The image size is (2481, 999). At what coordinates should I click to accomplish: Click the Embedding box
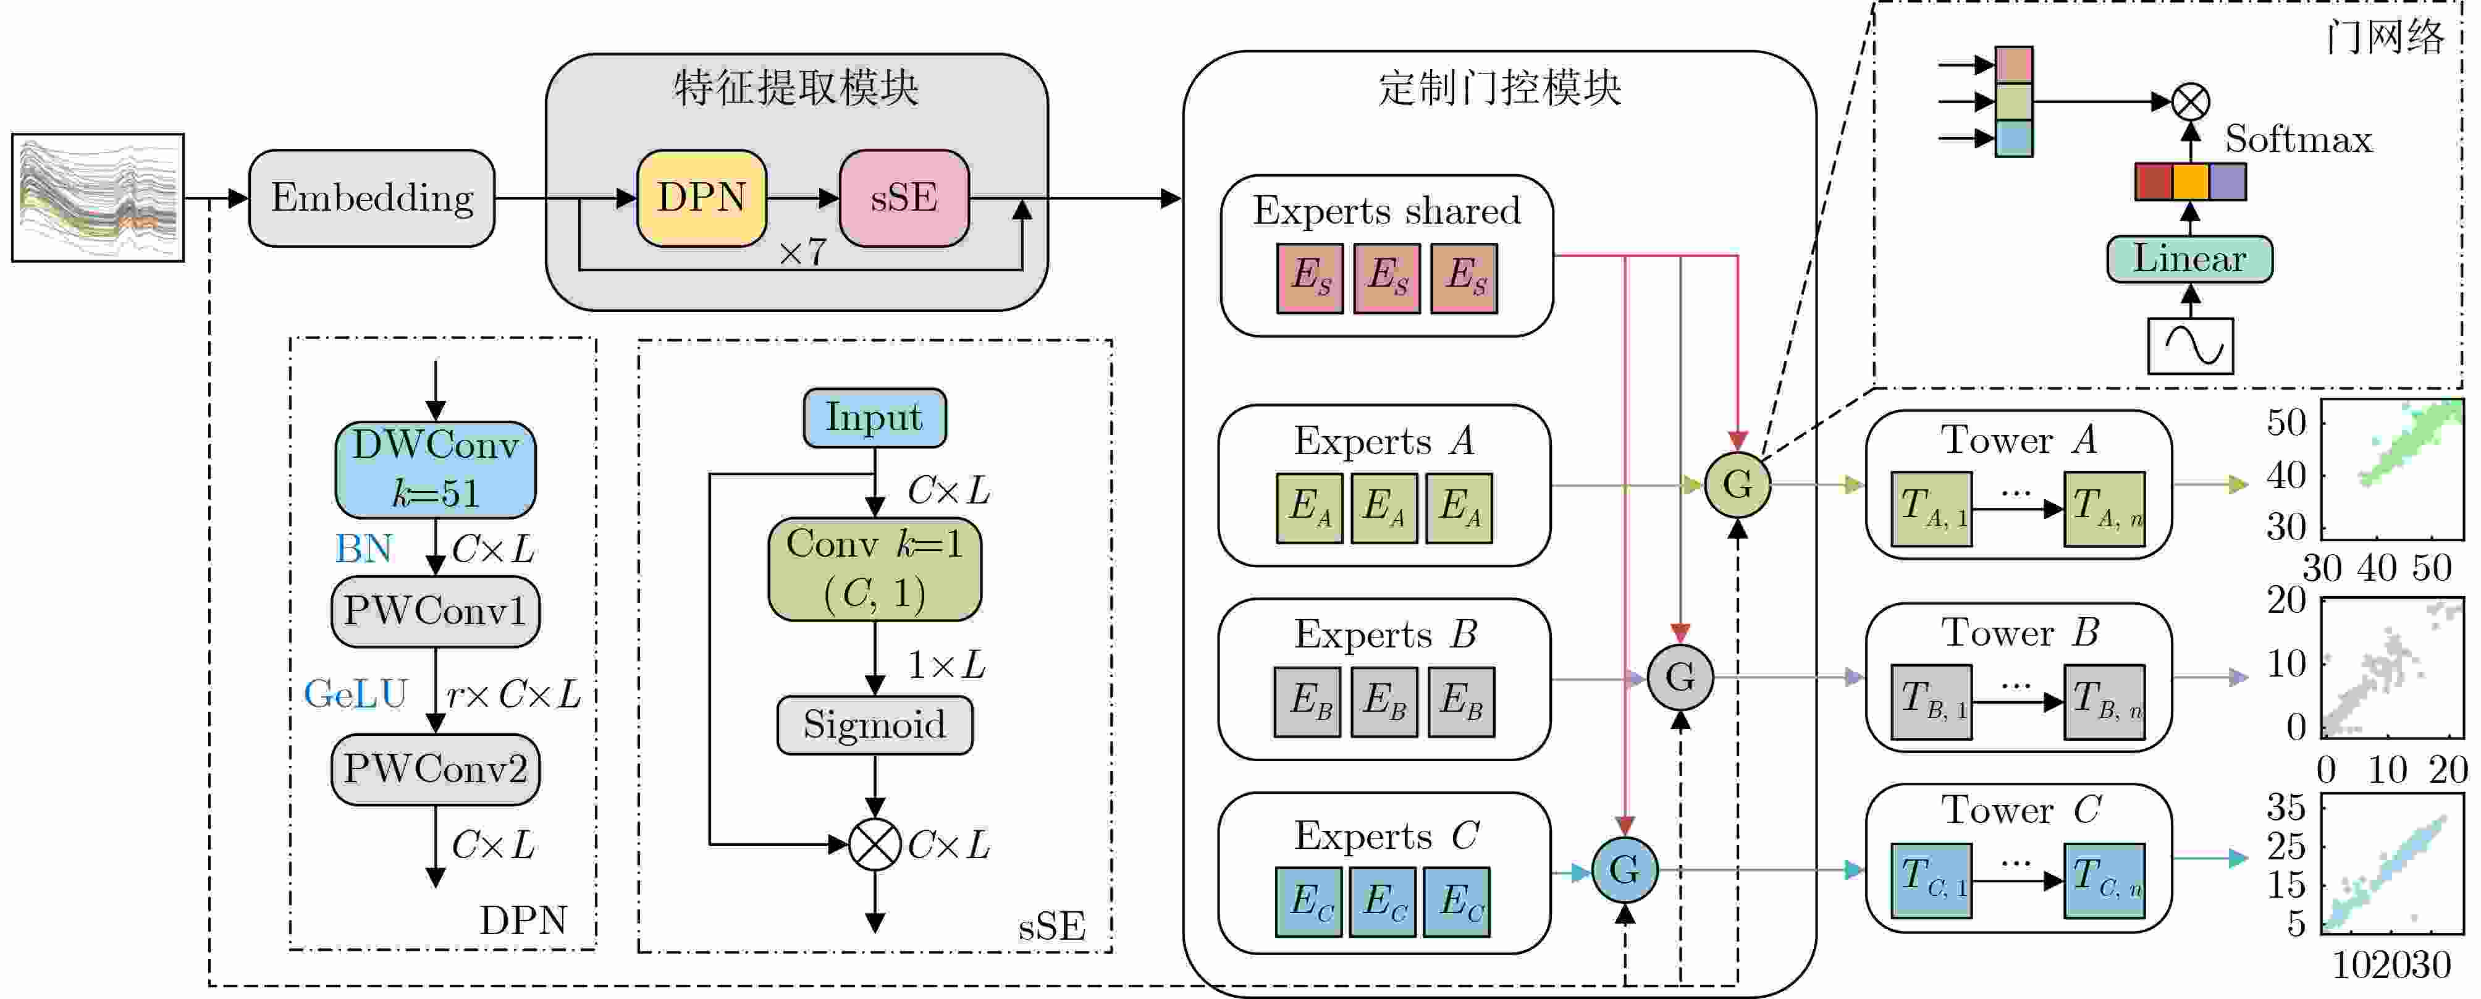point(372,198)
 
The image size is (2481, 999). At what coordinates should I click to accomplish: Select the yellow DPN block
point(702,198)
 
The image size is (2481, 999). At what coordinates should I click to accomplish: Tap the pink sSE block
point(904,198)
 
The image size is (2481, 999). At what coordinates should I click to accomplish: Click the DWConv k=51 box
point(436,469)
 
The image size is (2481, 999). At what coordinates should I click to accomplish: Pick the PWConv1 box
point(436,612)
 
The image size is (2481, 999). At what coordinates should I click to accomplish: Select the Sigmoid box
point(875,725)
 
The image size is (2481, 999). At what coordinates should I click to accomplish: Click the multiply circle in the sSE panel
point(875,845)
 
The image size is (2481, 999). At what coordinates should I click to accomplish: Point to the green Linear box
point(2190,259)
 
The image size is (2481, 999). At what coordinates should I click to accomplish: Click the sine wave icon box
point(2190,346)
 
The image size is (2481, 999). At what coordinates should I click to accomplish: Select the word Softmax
point(2299,140)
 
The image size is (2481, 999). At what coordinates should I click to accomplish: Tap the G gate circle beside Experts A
point(1737,484)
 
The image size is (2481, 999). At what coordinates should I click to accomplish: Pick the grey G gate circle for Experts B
point(1680,677)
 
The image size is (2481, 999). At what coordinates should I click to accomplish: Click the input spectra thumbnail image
point(98,198)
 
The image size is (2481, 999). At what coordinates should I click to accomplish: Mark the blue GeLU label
point(355,694)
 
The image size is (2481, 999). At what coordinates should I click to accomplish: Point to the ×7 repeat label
point(802,253)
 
